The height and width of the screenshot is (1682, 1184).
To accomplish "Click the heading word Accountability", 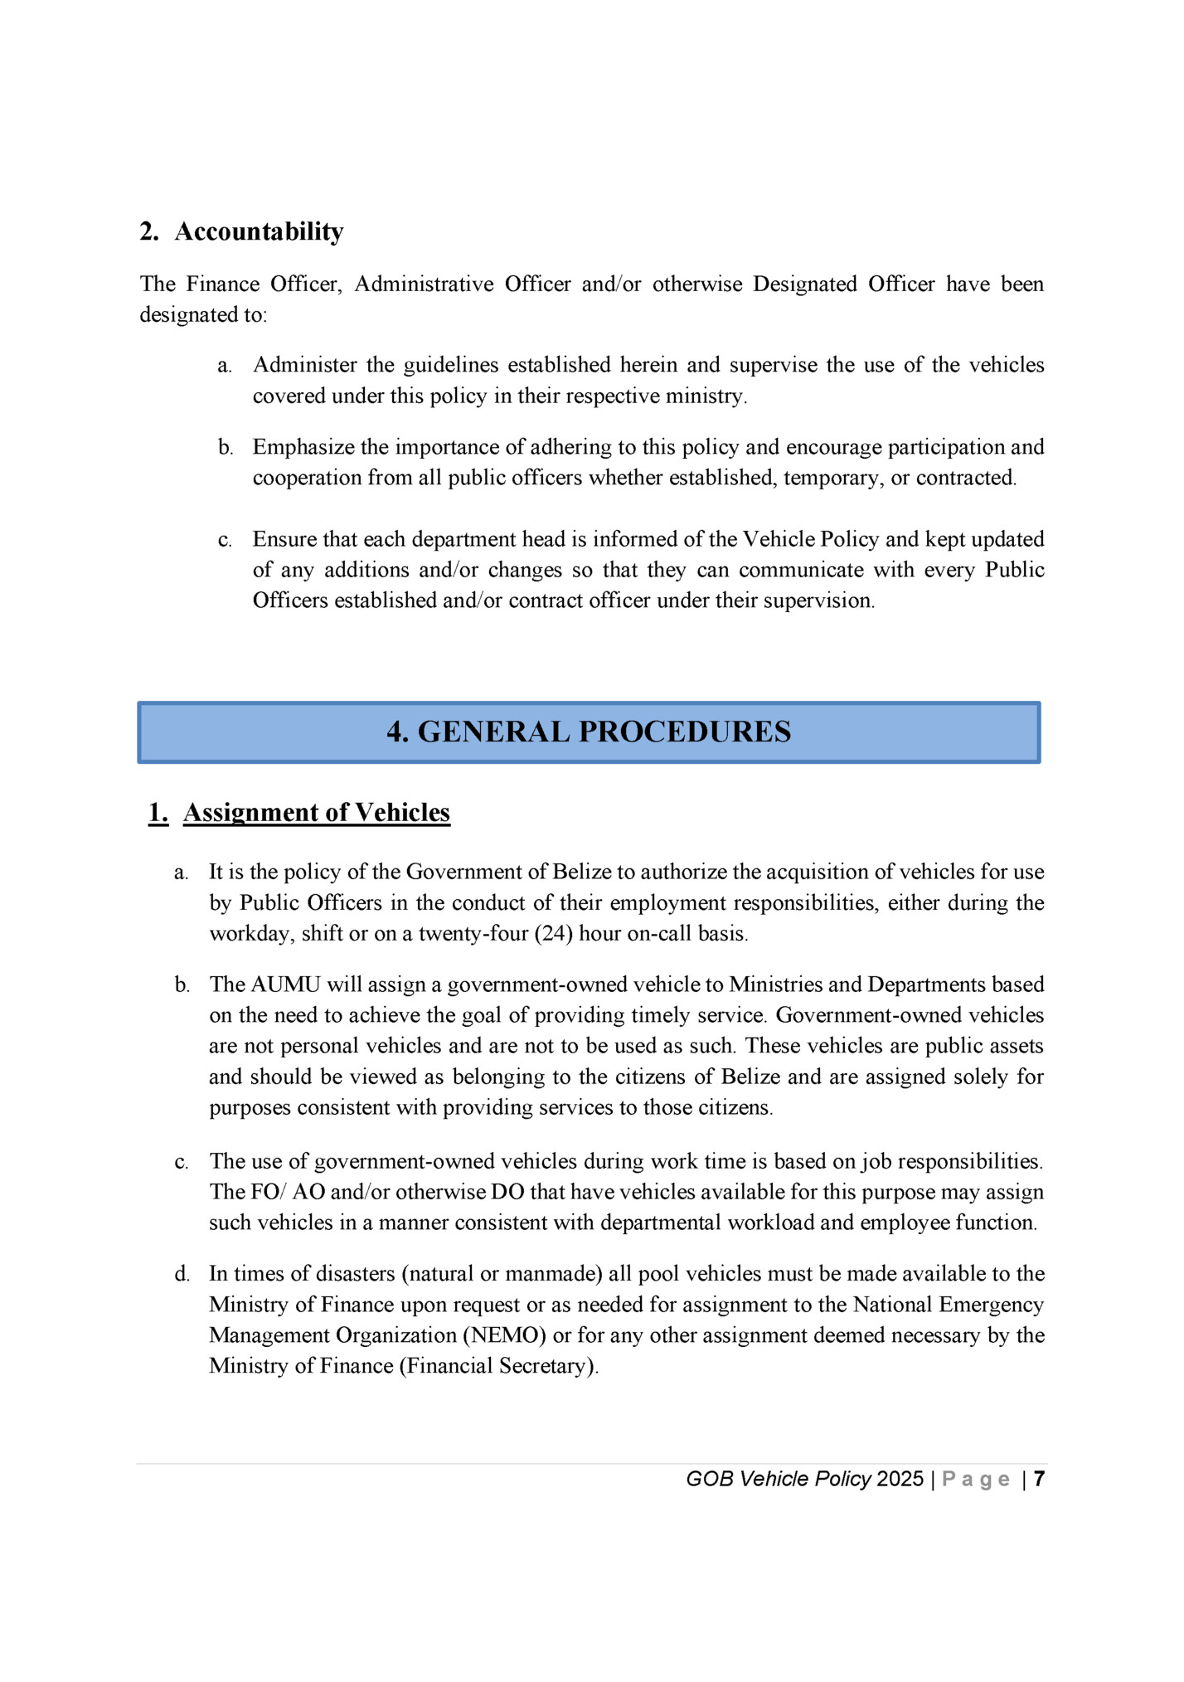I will point(259,231).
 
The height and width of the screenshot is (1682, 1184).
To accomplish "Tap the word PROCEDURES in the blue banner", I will point(685,732).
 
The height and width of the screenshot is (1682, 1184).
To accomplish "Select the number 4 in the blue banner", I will point(396,732).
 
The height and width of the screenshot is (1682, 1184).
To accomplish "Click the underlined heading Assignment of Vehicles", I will point(316,812).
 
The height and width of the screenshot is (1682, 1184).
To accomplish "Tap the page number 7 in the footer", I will point(1039,1479).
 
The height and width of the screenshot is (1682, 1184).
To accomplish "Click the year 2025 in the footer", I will point(900,1479).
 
